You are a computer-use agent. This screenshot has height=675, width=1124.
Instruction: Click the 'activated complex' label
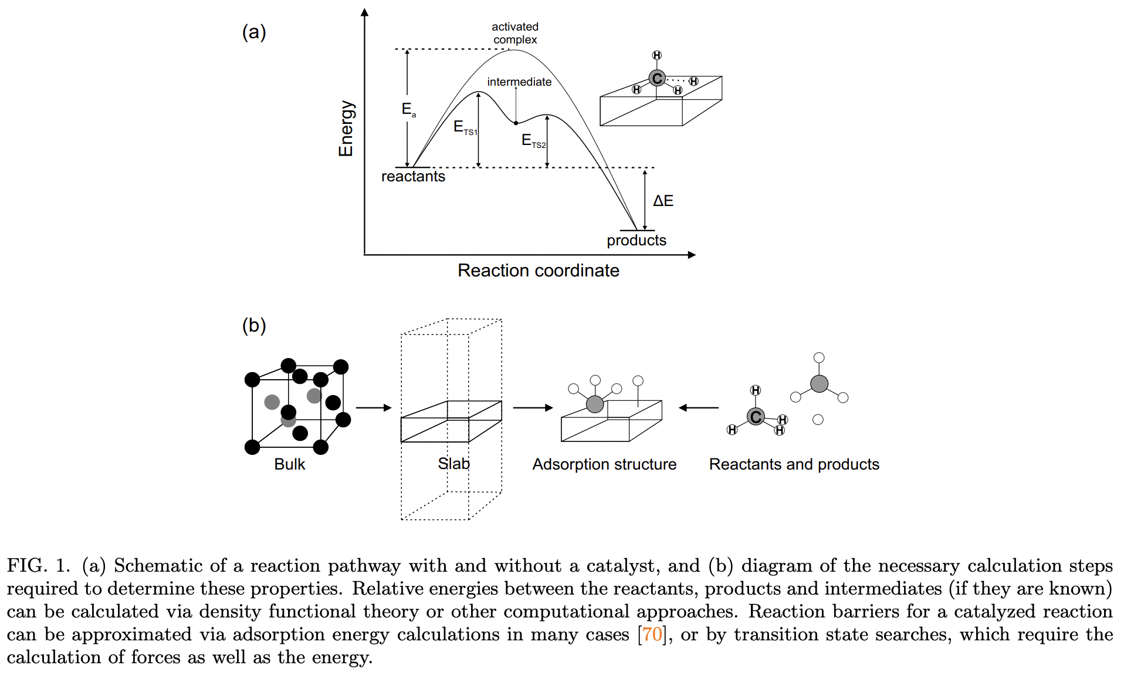pyautogui.click(x=514, y=33)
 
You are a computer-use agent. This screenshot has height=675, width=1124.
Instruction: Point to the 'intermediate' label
pyautogui.click(x=519, y=82)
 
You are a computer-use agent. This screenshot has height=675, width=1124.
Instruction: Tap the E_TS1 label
pyautogui.click(x=465, y=127)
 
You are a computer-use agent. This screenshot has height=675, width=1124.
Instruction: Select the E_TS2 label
pyautogui.click(x=533, y=141)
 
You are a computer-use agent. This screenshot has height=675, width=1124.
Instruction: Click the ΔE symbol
pyautogui.click(x=663, y=201)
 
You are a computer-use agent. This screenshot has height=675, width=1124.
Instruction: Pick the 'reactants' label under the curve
pyautogui.click(x=413, y=177)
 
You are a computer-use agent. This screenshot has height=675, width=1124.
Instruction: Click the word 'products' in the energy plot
pyautogui.click(x=636, y=240)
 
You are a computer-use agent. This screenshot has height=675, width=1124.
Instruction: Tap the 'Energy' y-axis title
pyautogui.click(x=346, y=128)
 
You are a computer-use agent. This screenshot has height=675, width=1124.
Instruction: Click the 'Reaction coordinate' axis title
pyautogui.click(x=538, y=271)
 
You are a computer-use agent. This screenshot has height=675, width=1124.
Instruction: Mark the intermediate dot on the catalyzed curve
pyautogui.click(x=516, y=123)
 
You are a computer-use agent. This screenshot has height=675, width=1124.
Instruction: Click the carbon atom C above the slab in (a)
pyautogui.click(x=657, y=78)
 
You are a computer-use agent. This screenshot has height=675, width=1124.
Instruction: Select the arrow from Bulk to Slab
pyautogui.click(x=373, y=407)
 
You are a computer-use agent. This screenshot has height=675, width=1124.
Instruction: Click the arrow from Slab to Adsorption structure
pyautogui.click(x=532, y=407)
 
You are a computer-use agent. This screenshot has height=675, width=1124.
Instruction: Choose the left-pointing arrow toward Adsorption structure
pyautogui.click(x=699, y=407)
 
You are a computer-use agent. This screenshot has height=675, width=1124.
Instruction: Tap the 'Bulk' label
pyautogui.click(x=289, y=464)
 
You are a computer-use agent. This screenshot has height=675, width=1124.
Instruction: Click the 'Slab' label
pyautogui.click(x=453, y=464)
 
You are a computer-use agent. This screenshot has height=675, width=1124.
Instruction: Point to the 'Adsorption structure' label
pyautogui.click(x=604, y=464)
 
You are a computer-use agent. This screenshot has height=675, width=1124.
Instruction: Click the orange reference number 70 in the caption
pyautogui.click(x=652, y=635)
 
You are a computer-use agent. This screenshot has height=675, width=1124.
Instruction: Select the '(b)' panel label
pyautogui.click(x=254, y=325)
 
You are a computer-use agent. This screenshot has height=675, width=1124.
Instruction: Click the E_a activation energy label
pyautogui.click(x=408, y=109)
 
